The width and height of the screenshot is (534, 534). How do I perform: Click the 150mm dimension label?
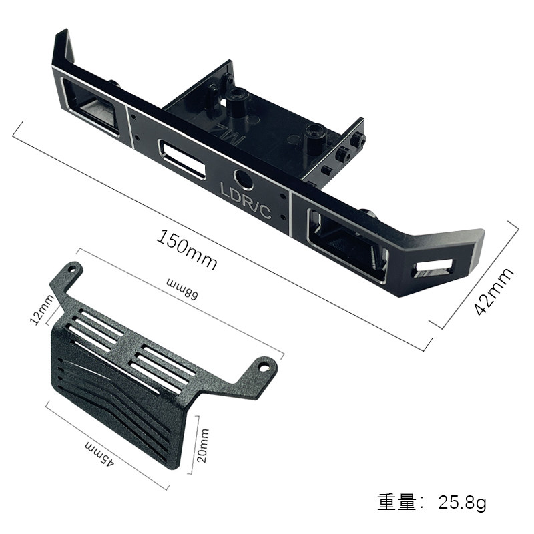click(x=187, y=250)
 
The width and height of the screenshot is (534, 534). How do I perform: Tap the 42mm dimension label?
click(x=494, y=292)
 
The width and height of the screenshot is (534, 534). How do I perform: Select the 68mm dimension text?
click(x=182, y=289)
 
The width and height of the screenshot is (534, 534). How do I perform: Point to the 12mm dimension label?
click(x=42, y=309)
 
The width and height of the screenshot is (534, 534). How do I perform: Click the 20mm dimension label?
click(x=202, y=445)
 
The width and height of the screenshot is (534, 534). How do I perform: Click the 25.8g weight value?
click(x=462, y=502)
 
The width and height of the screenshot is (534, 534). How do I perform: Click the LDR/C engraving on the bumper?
click(x=246, y=201)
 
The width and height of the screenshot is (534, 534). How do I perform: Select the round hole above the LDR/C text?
click(x=244, y=178)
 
